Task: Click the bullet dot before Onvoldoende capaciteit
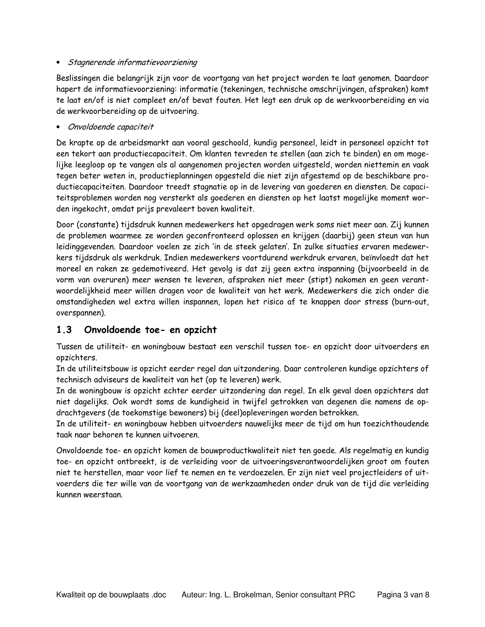pos(58,127)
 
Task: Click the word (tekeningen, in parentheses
pos(242,89)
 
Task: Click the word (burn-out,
pos(410,302)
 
